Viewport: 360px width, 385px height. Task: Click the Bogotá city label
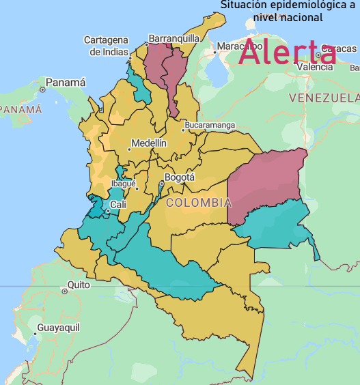(x=180, y=177)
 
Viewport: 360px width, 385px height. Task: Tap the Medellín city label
(x=148, y=143)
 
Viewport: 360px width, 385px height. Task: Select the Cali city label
(x=118, y=204)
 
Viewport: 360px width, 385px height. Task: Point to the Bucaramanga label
(x=210, y=126)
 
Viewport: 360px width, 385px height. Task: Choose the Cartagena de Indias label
(x=106, y=46)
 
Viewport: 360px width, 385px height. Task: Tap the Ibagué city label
(x=124, y=184)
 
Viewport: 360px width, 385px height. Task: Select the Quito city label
(x=79, y=285)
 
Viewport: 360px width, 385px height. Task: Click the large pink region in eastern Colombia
(x=263, y=184)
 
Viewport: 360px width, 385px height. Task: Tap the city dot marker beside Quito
(x=64, y=291)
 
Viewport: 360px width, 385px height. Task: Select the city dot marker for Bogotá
(x=161, y=184)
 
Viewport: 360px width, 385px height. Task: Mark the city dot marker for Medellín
(x=129, y=149)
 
